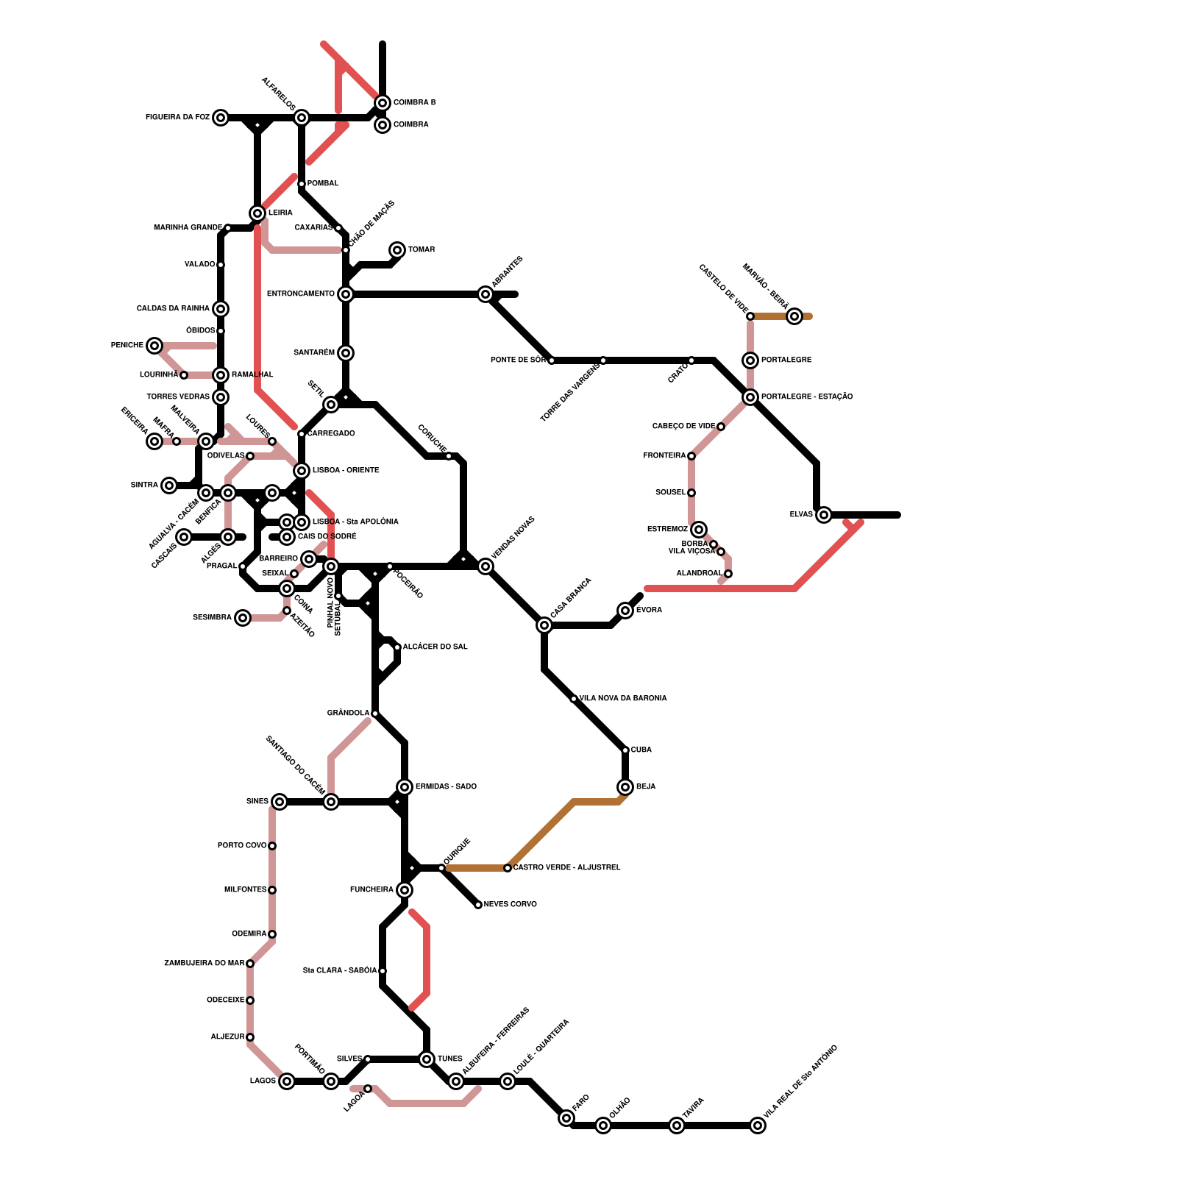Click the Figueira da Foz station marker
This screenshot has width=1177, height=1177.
coord(221,118)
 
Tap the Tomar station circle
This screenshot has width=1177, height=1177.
coord(397,250)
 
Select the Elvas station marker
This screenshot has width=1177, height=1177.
coord(824,515)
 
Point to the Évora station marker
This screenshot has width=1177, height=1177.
coord(625,611)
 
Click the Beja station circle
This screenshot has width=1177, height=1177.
coord(625,787)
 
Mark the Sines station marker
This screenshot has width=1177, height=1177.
coord(280,802)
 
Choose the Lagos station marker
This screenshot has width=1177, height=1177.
coord(287,1081)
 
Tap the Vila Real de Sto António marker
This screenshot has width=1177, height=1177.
coord(758,1126)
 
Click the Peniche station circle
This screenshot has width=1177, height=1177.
coord(154,346)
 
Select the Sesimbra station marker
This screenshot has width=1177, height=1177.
coord(243,618)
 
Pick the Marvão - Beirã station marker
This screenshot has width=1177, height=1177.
coord(794,316)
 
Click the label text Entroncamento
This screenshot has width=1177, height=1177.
coord(300,294)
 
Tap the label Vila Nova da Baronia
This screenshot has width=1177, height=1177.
coord(623,699)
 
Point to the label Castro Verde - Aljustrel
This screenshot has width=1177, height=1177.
coord(566,868)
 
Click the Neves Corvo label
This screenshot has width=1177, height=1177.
coord(510,905)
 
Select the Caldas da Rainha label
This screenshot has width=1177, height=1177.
coord(173,309)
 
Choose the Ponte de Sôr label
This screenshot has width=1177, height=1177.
coord(518,360)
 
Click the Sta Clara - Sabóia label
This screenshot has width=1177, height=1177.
coord(340,971)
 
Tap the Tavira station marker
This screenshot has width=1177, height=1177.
coord(677,1126)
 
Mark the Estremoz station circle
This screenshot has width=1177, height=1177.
coord(699,530)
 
